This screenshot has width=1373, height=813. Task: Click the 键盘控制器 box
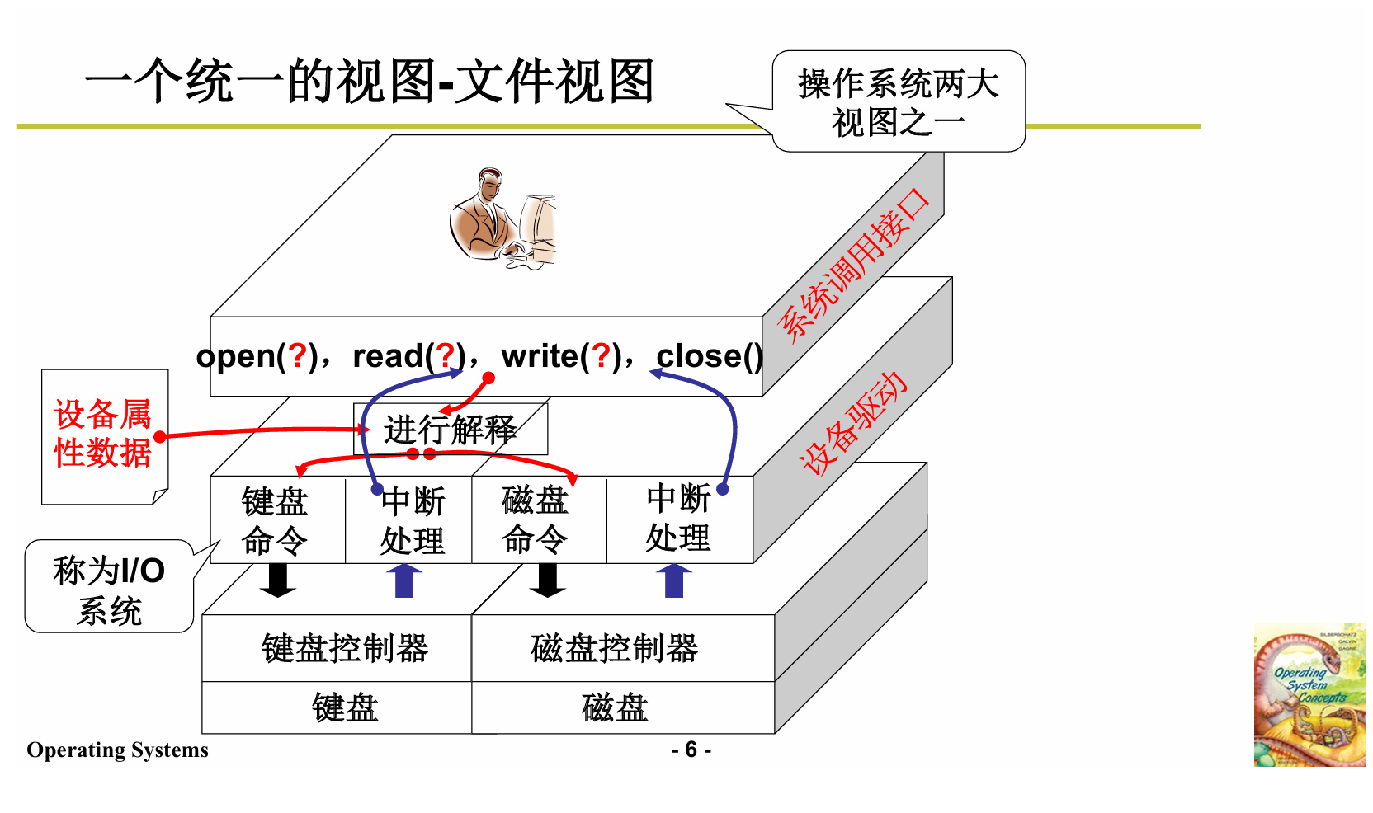[x=344, y=649]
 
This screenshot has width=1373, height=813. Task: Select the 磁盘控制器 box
[x=615, y=649]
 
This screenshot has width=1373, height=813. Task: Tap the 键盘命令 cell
[x=275, y=521]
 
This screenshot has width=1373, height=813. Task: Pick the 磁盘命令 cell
[x=536, y=521]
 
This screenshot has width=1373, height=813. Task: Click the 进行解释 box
[x=451, y=430]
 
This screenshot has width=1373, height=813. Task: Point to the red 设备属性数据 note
[x=103, y=435]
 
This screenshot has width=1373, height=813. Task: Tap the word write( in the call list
[x=544, y=356]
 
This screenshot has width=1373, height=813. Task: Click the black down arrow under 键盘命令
[x=278, y=580]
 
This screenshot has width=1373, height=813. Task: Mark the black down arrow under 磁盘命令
[x=547, y=580]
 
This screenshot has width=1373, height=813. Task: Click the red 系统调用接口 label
[x=855, y=265]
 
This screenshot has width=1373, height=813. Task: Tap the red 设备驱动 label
[x=855, y=422]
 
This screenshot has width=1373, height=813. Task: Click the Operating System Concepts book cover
[x=1309, y=695]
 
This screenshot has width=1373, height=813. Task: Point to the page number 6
[x=691, y=750]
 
